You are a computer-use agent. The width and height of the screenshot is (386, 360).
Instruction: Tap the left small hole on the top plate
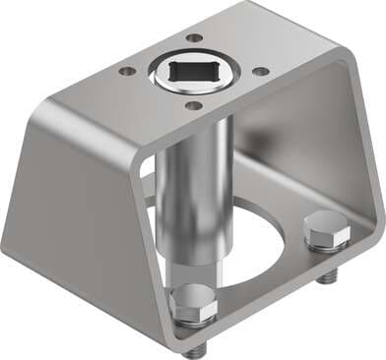point(127,71)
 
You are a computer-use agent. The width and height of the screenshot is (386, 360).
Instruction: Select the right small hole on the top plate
point(259,71)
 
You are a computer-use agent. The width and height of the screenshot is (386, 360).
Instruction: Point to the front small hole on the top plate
point(194,105)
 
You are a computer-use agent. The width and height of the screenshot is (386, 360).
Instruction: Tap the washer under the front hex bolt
point(193,324)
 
